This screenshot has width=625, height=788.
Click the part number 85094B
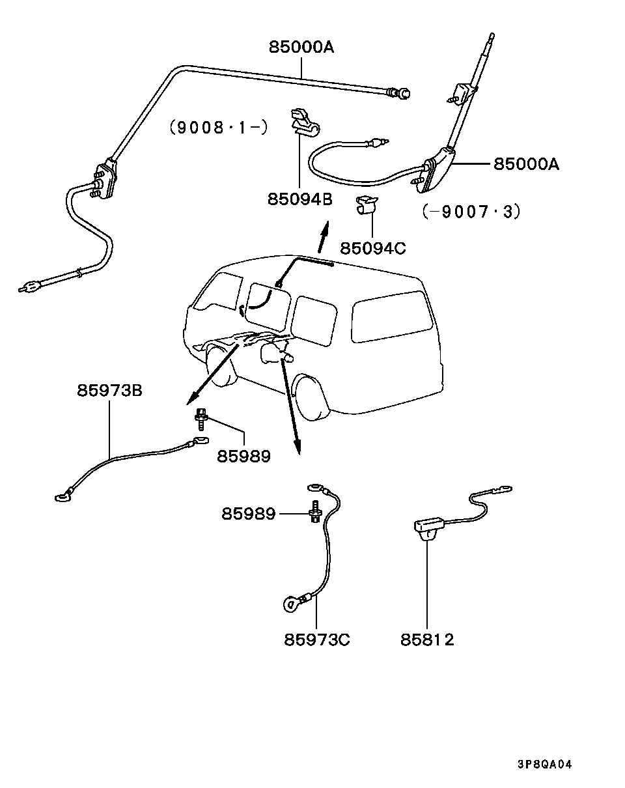299,199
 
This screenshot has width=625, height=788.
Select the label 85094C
372,248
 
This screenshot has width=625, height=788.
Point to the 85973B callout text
109,391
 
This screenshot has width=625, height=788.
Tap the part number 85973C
316,640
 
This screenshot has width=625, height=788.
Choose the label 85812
427,640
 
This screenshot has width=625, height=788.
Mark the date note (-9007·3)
471,212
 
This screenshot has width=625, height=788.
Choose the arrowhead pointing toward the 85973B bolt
191,400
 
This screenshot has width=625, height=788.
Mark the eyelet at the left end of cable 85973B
62,498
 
